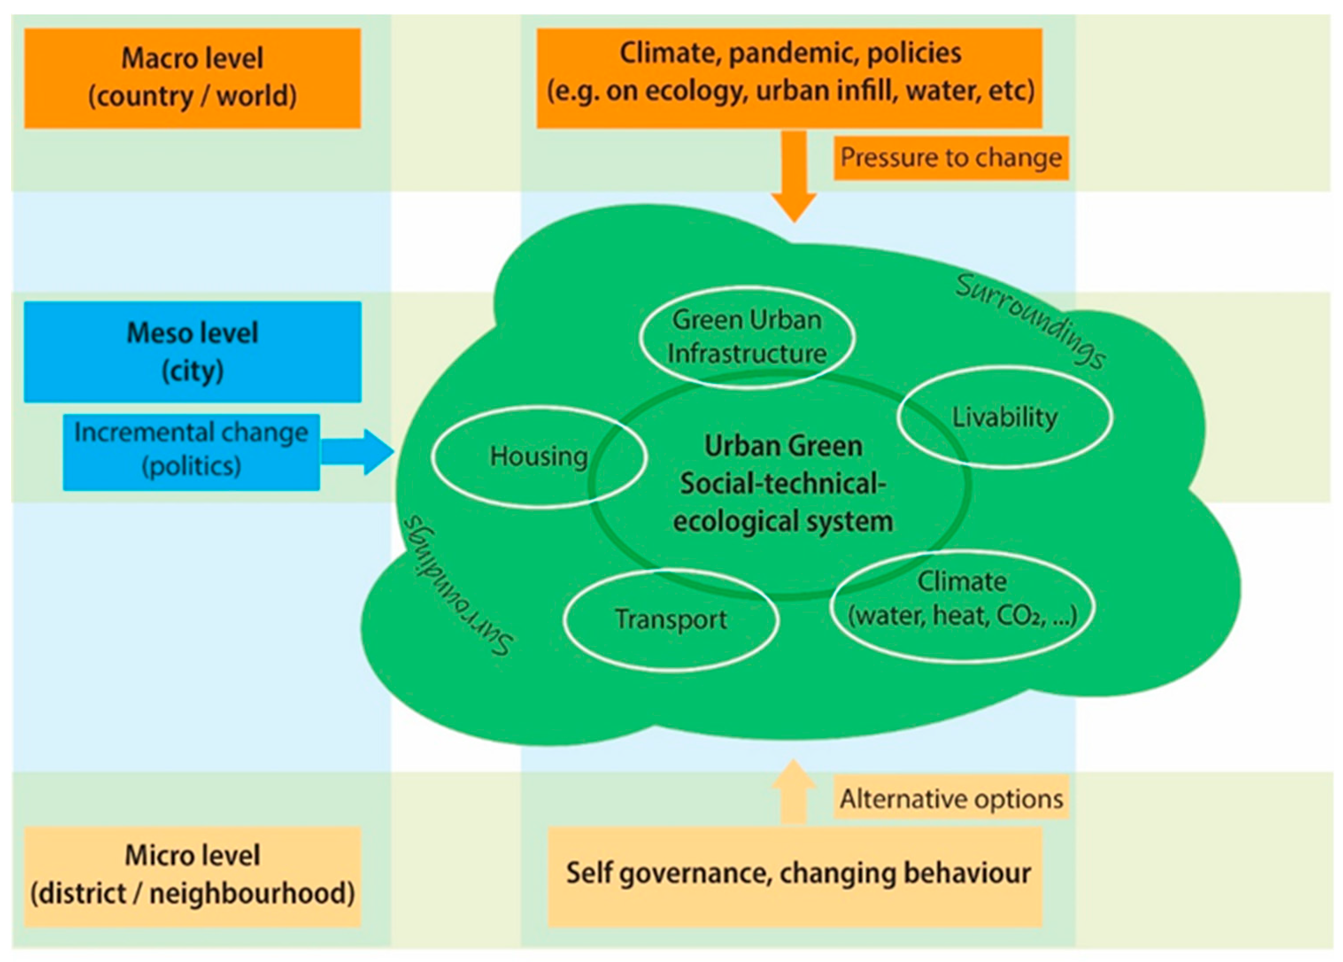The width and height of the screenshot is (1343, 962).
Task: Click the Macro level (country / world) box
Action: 193,78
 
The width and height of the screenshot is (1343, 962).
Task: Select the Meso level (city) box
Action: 193,352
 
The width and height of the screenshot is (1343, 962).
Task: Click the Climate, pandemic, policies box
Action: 789,78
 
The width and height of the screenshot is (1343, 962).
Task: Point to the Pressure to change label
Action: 951,158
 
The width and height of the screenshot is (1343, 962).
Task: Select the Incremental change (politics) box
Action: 191,452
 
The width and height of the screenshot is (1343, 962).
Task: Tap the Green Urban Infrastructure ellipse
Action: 747,336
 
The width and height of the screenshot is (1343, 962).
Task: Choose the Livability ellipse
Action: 1004,417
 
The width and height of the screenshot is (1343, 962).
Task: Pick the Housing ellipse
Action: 539,457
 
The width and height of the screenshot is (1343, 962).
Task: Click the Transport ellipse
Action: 671,620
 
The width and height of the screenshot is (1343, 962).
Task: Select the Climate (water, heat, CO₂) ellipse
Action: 963,605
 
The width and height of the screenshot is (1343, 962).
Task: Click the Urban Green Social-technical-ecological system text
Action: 783,483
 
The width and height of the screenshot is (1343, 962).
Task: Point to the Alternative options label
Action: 951,799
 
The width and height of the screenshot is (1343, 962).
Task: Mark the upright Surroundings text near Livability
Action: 1030,321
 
